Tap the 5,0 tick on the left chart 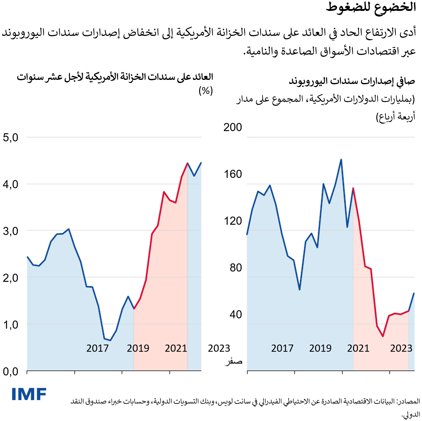point(11,138)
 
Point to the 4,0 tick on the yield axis point(11,184)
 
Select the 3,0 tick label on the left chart point(11,231)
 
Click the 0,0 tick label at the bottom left point(11,372)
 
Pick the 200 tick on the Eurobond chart point(233,127)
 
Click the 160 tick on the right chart point(233,174)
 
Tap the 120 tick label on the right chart point(233,221)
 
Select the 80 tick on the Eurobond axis point(236,268)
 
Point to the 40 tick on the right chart point(236,315)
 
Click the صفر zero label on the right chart point(233,361)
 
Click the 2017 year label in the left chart point(98,348)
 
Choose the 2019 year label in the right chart point(320,348)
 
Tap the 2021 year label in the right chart point(358,348)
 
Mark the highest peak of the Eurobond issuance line point(341,159)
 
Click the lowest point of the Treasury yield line point(110,340)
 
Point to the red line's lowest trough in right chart point(383,336)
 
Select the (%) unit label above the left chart point(206,91)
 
